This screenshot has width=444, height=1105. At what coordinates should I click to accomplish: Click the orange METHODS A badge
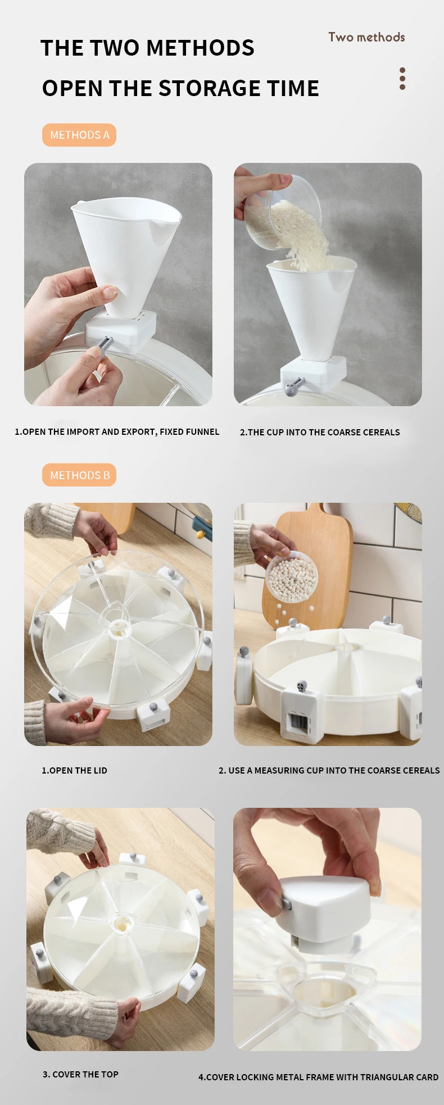click(79, 135)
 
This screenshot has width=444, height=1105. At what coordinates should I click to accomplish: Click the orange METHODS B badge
click(79, 475)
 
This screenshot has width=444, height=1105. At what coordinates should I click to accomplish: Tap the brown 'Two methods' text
click(366, 37)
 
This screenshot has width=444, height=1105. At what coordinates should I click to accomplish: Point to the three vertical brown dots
click(402, 79)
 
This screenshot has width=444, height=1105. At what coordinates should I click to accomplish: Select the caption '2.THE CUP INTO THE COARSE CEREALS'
click(320, 432)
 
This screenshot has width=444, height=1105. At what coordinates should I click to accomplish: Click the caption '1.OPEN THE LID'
click(74, 770)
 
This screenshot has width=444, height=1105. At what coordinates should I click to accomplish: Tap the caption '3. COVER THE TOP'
click(80, 1074)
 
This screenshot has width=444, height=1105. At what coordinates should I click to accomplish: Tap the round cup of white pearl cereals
click(292, 577)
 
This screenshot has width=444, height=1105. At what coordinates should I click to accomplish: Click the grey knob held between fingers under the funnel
click(106, 343)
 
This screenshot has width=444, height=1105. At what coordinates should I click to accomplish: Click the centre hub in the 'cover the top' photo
click(121, 923)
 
